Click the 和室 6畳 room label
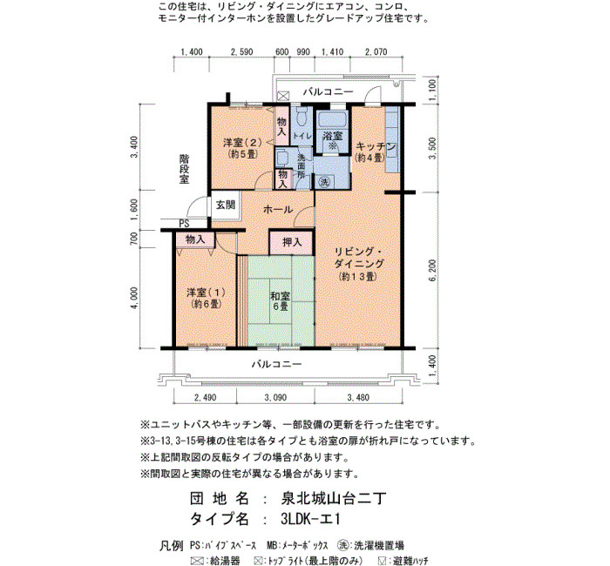[280, 301]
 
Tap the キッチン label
[376, 146]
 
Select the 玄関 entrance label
[226, 204]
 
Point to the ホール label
[278, 210]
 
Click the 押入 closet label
[292, 242]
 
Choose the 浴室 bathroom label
[333, 136]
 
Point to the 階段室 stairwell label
[184, 169]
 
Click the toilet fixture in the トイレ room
[302, 116]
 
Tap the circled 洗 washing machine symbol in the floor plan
[324, 181]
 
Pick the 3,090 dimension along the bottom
[275, 398]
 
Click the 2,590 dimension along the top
[241, 52]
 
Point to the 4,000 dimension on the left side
[134, 298]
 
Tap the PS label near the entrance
[184, 224]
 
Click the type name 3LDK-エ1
[310, 519]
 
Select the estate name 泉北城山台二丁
[334, 498]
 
